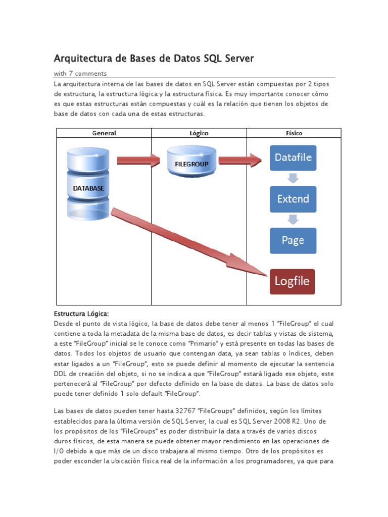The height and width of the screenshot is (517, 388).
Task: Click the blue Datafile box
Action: (x=293, y=158)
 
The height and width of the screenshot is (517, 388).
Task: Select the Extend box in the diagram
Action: (x=293, y=199)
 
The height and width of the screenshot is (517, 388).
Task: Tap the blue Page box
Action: (x=293, y=240)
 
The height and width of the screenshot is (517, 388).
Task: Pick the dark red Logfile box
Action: (x=292, y=281)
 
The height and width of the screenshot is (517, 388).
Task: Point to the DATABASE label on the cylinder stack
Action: (x=88, y=188)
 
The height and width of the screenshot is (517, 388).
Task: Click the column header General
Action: (x=104, y=133)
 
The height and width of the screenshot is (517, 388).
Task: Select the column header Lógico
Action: (x=199, y=133)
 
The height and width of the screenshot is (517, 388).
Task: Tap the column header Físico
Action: (x=294, y=133)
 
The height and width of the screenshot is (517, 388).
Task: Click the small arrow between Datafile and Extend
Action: (x=293, y=178)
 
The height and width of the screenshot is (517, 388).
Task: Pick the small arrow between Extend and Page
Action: (x=293, y=220)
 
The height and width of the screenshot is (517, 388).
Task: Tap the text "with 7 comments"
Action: (x=80, y=73)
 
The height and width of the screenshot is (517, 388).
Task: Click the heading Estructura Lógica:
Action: (x=81, y=314)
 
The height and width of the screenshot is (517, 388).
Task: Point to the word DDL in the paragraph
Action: (x=61, y=373)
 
